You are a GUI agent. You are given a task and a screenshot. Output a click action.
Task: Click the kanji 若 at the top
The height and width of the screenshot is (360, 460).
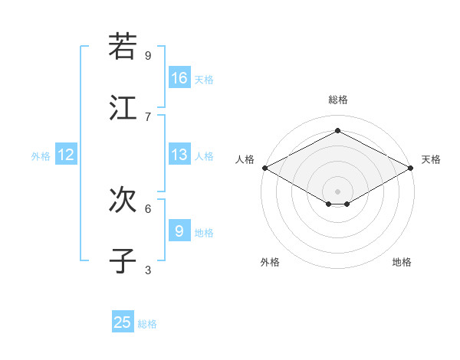123,47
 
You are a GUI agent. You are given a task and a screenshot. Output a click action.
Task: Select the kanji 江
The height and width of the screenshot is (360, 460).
123,108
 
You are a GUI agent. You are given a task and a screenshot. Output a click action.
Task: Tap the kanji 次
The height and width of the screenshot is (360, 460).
123,200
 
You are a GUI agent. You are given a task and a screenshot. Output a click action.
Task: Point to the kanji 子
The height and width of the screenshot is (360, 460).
123,261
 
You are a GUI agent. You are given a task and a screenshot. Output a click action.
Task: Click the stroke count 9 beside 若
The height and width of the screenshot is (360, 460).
148,55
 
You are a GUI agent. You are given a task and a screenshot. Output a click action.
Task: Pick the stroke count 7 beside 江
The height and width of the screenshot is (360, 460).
148,116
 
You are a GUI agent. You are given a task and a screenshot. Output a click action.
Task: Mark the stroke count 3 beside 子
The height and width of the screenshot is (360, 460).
148,270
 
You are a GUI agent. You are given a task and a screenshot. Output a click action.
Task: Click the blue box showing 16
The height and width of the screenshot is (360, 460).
179,78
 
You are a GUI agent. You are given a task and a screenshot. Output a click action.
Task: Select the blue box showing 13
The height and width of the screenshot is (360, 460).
179,155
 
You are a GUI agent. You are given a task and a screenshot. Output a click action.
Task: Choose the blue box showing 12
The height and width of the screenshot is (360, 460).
66,155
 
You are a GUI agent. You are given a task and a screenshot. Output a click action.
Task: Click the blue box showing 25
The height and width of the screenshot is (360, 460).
123,322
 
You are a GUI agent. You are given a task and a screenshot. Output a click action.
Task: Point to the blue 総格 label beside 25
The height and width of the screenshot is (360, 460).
147,324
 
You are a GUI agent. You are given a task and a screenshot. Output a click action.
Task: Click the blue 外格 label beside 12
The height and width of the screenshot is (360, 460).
41,156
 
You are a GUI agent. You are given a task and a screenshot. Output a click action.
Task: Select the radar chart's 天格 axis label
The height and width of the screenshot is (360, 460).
431,159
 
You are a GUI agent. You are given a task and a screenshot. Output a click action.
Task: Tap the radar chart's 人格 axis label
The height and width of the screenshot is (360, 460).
245,159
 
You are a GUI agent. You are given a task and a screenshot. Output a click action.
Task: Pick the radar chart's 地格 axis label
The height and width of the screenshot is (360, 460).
402,262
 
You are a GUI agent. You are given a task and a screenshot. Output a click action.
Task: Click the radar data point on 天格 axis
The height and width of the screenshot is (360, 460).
412,168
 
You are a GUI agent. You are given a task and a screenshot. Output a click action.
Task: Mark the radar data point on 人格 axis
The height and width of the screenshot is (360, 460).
264,168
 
